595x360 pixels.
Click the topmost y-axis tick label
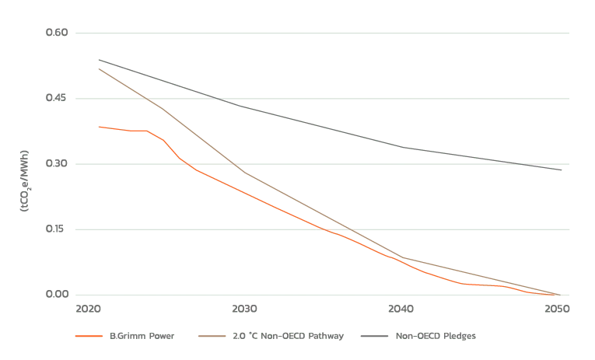click(x=57, y=32)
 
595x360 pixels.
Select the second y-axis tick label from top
click(x=57, y=98)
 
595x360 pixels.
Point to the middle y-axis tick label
click(x=57, y=163)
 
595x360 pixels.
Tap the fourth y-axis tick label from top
click(x=57, y=229)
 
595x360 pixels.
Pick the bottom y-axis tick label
click(x=57, y=294)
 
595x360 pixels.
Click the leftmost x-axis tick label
click(x=89, y=310)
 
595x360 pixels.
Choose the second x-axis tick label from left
click(x=246, y=310)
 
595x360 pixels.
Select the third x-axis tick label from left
click(x=401, y=310)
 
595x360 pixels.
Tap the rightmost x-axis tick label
click(x=557, y=310)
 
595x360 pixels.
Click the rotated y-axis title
click(x=24, y=180)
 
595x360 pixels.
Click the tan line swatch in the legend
click(x=212, y=337)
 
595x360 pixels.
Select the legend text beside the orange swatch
click(x=140, y=337)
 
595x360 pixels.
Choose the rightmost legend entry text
click(x=418, y=337)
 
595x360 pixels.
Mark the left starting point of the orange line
click(x=99, y=127)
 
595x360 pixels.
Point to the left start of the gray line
click(x=96, y=58)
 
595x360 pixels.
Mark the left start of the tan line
click(x=96, y=70)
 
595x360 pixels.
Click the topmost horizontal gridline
click(x=323, y=33)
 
